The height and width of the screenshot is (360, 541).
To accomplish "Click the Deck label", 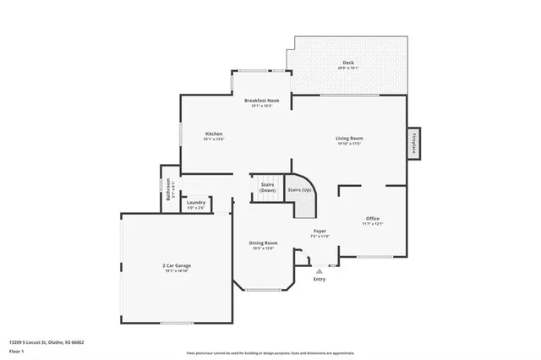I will pyautogui.click(x=347, y=63).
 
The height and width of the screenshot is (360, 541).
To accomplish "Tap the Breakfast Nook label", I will pyautogui.click(x=262, y=101).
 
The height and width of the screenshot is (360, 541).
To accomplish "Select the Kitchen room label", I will pyautogui.click(x=214, y=134).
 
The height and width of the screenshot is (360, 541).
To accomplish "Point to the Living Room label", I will pyautogui.click(x=349, y=138).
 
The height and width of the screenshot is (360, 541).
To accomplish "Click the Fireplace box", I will pyautogui.click(x=414, y=143).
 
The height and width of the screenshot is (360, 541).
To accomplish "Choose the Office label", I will pyautogui.click(x=373, y=218).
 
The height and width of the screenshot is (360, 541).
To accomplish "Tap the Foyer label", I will pyautogui.click(x=320, y=231).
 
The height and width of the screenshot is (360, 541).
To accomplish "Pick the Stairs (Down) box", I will pyautogui.click(x=267, y=187).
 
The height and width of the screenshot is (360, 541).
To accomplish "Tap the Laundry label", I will pyautogui.click(x=195, y=203).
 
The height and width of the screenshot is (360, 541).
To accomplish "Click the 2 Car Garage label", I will pyautogui.click(x=177, y=266).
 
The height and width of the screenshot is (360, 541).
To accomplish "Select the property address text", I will pyautogui.click(x=46, y=342).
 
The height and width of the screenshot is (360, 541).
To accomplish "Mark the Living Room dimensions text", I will pyautogui.click(x=349, y=144).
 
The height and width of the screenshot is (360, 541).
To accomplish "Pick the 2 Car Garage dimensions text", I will pyautogui.click(x=177, y=272).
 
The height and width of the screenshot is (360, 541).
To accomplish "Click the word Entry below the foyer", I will pyautogui.click(x=319, y=279).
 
